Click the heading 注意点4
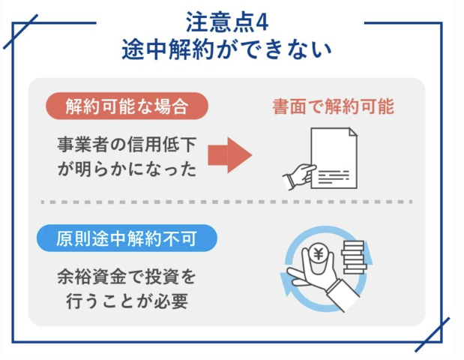(227, 22)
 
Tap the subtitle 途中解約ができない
(226, 49)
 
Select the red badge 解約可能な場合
(127, 106)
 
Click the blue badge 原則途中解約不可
(127, 238)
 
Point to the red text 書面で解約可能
(334, 106)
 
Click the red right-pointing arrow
(230, 154)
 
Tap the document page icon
(334, 157)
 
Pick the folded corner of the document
(353, 132)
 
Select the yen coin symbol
(319, 254)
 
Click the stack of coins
(354, 257)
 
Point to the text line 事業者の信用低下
(127, 145)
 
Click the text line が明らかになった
(127, 169)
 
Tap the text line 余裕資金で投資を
(127, 277)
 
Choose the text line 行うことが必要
(127, 301)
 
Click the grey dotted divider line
(226, 202)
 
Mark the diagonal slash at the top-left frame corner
(21, 31)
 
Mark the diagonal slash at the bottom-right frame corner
(433, 334)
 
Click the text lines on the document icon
(334, 177)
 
